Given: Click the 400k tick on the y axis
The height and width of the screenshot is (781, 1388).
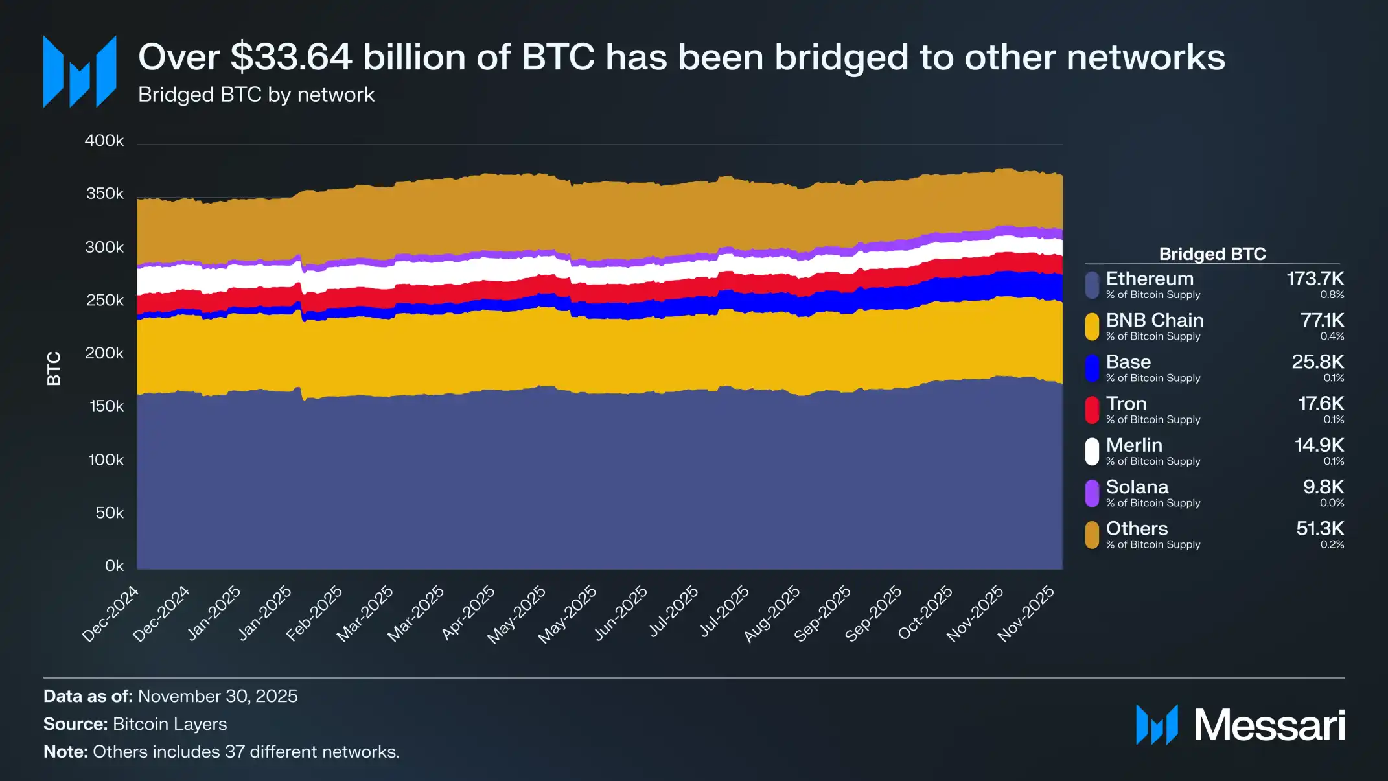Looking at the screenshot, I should click(104, 141).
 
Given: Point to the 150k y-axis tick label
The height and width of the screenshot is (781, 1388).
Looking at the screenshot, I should click(106, 406).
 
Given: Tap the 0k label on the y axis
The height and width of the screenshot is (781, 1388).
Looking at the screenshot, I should click(114, 566).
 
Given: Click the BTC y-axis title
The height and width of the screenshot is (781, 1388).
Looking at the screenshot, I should click(54, 368).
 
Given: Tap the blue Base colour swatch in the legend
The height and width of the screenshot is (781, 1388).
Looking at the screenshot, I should click(1092, 368).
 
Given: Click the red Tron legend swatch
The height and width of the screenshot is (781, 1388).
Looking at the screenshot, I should click(1092, 410).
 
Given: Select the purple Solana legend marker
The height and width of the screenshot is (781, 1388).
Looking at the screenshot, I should click(1092, 493).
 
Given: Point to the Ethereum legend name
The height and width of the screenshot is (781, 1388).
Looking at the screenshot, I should click(1150, 279).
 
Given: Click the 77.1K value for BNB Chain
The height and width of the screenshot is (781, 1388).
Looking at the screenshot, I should click(1322, 320).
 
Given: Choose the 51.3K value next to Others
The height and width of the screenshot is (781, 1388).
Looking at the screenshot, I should click(1320, 528).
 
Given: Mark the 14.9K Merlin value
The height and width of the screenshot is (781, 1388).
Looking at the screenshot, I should click(1319, 445).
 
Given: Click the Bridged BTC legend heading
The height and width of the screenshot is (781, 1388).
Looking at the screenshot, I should click(1212, 253).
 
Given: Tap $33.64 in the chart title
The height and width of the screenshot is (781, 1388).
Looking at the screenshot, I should click(291, 57).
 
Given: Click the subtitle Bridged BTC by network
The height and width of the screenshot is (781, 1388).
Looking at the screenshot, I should click(256, 95).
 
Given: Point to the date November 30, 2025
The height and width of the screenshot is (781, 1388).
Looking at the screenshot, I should click(218, 696).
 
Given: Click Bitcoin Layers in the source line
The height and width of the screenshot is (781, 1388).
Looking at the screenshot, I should click(170, 724).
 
